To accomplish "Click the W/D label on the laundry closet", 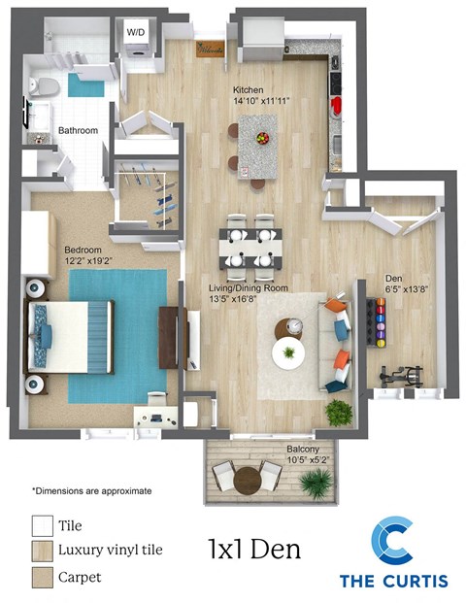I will pos(136,32).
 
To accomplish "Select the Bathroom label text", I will pos(77,129).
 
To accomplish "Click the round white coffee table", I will pos(288,352).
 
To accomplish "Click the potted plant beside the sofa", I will pos(339,412).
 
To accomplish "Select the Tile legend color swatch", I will pos(42,525).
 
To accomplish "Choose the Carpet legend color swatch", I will pos(42,577).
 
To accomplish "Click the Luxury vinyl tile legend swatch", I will pos(42,552).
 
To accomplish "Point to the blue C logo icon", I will pos(393,543).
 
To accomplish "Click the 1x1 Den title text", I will pos(254,549).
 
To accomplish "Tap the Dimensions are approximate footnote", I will pos(91,490).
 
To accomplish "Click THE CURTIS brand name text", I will pos(393,581).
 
